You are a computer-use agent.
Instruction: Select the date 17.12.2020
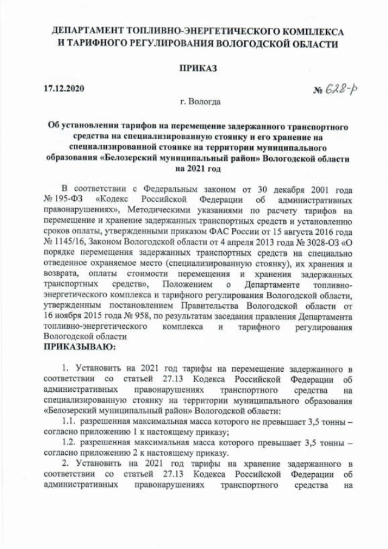click(x=64, y=89)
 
